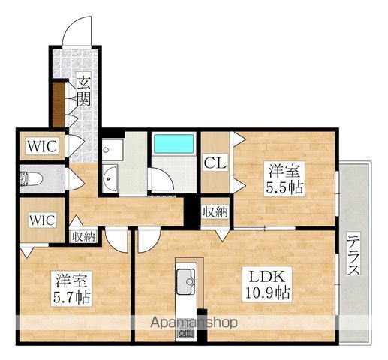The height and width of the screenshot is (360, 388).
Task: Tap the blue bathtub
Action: (x=174, y=144)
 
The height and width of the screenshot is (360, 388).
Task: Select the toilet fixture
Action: (x=31, y=179)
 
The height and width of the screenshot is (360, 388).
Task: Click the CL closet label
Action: (x=215, y=163)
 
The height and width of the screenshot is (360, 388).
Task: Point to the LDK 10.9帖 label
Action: (x=267, y=284)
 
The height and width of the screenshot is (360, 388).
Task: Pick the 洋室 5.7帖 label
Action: (x=71, y=289)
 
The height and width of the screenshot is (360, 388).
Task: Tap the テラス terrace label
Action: (x=354, y=255)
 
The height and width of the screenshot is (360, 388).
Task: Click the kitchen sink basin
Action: (x=186, y=281)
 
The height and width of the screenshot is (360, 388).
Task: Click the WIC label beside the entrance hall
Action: (x=42, y=146)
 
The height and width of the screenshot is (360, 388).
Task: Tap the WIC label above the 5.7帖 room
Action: (x=42, y=220)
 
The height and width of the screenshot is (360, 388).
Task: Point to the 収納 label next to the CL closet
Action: (x=215, y=212)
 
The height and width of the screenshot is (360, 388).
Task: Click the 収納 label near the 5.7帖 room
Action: (x=83, y=236)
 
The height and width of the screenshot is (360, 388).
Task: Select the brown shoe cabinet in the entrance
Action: (x=59, y=105)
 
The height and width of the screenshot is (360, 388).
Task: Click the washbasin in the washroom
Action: (x=110, y=178)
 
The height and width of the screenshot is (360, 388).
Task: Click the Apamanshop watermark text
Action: (x=194, y=322)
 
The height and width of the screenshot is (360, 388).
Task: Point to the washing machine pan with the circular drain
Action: (x=113, y=150)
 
